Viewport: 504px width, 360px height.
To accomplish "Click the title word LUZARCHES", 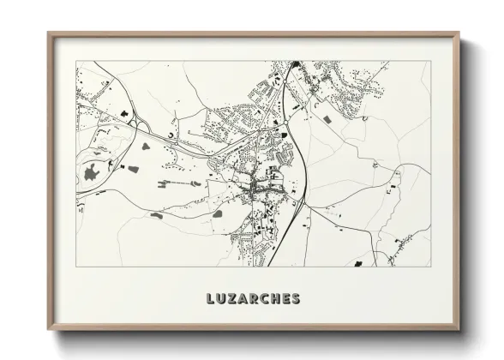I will (253, 299).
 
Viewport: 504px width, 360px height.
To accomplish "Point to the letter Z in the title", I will (232, 299).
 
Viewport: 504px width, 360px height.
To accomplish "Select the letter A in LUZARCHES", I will (243, 299).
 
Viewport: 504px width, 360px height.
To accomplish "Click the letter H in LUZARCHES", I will (276, 299).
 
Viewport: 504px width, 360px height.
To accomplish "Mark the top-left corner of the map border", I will (76, 60).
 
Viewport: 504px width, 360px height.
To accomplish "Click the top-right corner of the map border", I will (430, 60).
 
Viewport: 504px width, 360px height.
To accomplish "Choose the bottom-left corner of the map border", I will (76, 267).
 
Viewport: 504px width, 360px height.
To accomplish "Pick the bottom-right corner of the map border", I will (430, 267).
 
